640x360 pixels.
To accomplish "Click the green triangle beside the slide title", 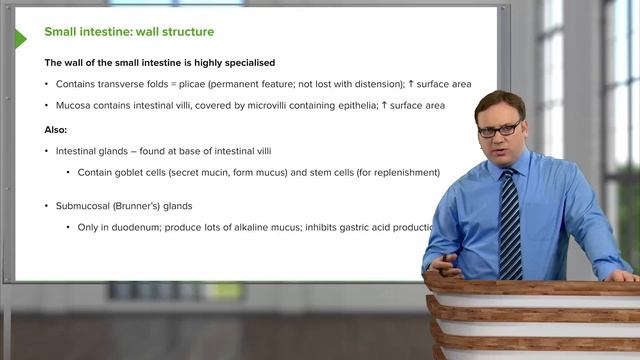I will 20,39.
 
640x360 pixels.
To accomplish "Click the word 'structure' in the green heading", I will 183,33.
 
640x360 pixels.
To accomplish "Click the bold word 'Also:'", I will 59,129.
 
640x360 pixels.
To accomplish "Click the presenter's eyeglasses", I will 499,129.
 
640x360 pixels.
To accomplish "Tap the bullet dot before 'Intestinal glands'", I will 47,151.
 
